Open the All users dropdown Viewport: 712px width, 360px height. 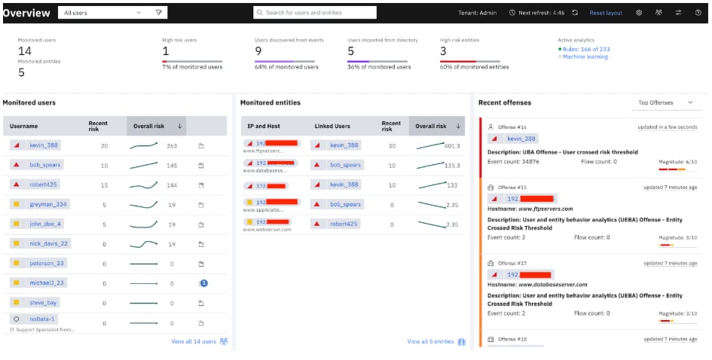(102, 13)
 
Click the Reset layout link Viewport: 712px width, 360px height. (605, 13)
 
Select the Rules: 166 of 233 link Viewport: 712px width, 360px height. (586, 49)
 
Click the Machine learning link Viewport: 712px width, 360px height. (585, 56)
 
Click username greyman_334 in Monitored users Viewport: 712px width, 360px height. (48, 204)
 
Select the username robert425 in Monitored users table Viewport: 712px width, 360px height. (44, 185)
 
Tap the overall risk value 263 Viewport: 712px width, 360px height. (171, 146)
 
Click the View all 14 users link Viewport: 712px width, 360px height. (194, 341)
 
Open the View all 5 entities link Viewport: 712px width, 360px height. (430, 341)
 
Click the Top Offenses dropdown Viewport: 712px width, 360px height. (665, 102)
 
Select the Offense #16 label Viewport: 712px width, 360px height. (513, 127)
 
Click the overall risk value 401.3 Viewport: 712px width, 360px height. (451, 146)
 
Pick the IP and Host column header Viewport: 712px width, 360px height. (264, 126)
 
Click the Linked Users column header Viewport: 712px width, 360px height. (333, 126)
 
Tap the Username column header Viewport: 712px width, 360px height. (24, 126)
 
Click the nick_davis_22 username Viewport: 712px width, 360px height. (49, 243)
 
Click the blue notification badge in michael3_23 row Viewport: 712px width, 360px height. (203, 282)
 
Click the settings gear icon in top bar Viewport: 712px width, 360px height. (639, 13)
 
